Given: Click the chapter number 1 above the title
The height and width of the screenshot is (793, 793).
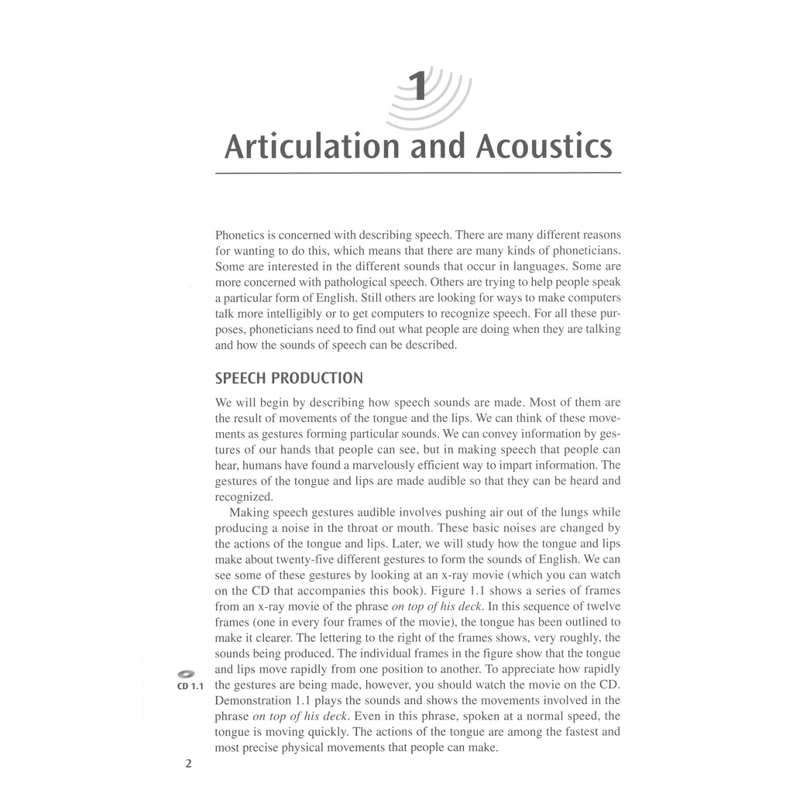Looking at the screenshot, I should tap(418, 87).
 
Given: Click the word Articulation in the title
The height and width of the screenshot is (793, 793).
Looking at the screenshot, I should tap(310, 146).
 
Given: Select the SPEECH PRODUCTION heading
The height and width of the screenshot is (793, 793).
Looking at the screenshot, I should tap(289, 379).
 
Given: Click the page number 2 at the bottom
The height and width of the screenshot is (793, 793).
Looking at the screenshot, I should tap(188, 764).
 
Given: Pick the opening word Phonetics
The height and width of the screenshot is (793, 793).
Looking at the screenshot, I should tap(242, 234).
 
